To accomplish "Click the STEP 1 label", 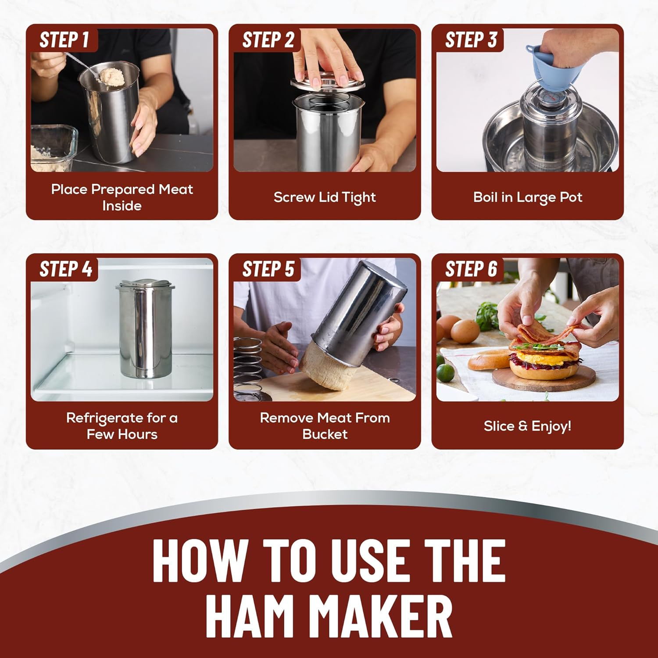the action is coord(64,40).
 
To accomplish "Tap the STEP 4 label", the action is coord(66,269).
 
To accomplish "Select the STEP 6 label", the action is coord(471,269).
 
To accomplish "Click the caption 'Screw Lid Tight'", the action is coord(325,198).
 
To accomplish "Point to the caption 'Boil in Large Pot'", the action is coord(528,198).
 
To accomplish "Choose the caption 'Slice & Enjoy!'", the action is coord(528,426).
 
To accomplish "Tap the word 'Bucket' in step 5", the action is coord(325,434).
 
